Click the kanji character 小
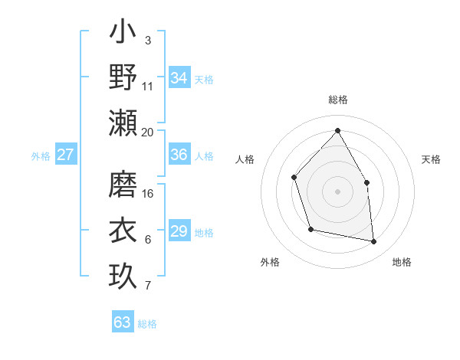point(123,34)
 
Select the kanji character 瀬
point(123,122)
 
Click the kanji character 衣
point(123,230)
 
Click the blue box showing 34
point(179,77)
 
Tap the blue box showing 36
point(179,155)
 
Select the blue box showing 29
point(179,231)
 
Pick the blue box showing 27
point(66,155)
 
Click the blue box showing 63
point(123,322)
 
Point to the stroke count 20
point(148,132)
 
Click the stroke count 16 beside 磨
point(148,194)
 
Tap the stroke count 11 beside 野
point(148,86)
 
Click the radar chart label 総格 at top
point(337,100)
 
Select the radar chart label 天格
point(432,159)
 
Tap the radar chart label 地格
point(402,262)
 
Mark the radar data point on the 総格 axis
point(337,130)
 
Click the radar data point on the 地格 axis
point(374,241)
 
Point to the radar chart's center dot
point(337,191)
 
